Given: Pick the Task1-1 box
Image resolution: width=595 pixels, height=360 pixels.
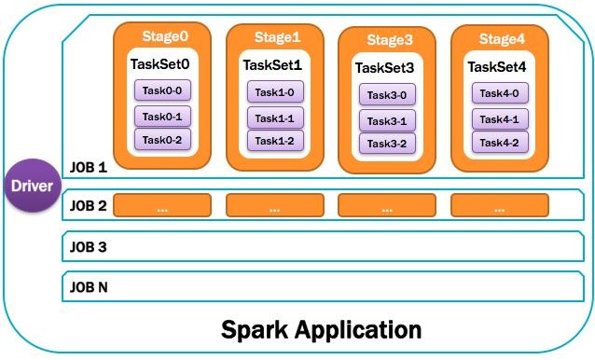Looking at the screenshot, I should click(275, 118).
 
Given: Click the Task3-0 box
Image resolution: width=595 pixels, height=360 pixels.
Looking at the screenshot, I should click(387, 94).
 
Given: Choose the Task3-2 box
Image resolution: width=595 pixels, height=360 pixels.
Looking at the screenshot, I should click(387, 143).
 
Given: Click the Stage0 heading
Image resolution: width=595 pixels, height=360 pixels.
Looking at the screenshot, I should click(164, 36).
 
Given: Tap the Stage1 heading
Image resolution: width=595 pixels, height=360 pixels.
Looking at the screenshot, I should click(277, 37).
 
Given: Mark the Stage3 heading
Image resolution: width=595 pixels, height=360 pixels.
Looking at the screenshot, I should click(389, 40).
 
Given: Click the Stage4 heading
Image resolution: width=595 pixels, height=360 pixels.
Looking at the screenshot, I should click(502, 38).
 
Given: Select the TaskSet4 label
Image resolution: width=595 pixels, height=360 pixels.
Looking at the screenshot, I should click(498, 66).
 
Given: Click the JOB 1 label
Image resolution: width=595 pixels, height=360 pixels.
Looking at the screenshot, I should click(90, 170).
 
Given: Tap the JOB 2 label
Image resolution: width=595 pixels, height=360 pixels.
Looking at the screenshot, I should click(90, 205).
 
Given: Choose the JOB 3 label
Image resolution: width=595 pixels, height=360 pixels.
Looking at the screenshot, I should click(90, 247).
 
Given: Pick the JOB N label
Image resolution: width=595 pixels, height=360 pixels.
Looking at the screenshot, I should click(90, 287).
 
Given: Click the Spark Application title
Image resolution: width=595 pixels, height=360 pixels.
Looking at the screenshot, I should click(321, 329).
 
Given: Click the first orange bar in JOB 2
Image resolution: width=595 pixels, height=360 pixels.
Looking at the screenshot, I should click(162, 206).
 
